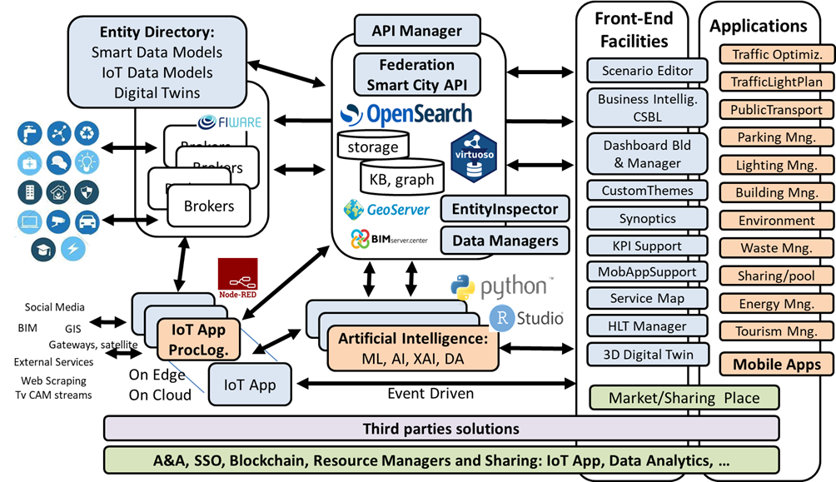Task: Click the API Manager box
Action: coord(418,31)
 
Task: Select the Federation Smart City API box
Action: coord(417,74)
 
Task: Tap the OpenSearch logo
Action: coord(406,114)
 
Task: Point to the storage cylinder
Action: coord(373,147)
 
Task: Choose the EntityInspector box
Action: coord(505,209)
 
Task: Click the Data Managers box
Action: coord(505,241)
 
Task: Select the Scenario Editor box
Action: coord(647,71)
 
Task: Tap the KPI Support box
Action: coord(647,246)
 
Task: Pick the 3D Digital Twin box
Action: coord(647,354)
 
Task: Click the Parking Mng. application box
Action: coord(775,137)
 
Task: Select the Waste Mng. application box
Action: coord(775,247)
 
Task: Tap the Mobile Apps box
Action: coord(775,364)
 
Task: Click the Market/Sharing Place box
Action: coord(684,397)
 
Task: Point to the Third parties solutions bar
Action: coord(441,429)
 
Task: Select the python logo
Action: coord(500,287)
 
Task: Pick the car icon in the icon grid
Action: coord(86,221)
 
